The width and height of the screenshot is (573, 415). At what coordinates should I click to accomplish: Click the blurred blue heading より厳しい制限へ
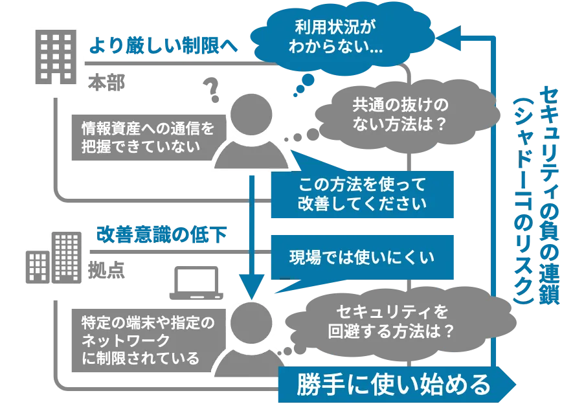[163, 47]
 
